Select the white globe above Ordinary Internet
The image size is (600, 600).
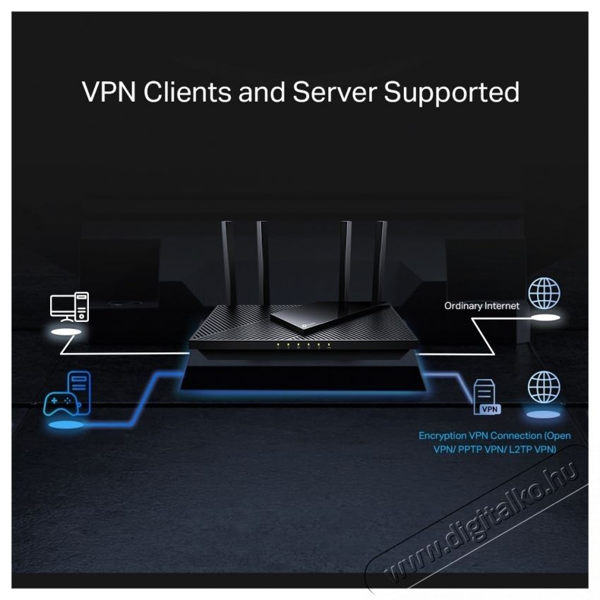click(x=544, y=292)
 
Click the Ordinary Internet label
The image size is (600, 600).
click(x=481, y=306)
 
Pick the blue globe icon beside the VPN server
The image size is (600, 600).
click(x=544, y=387)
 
